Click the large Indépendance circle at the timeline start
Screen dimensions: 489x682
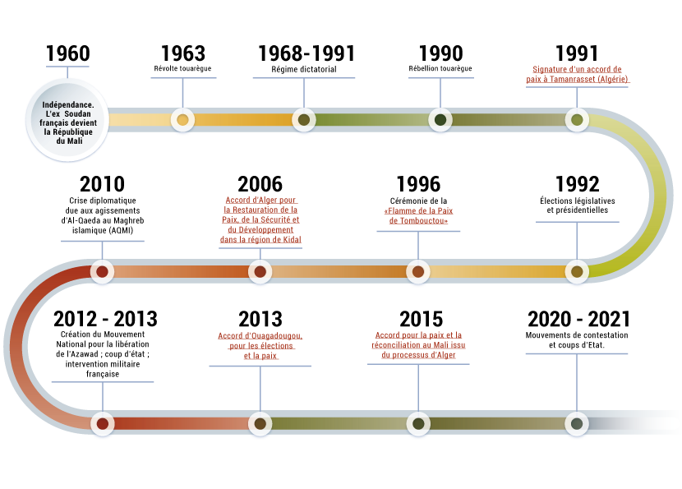point(67,120)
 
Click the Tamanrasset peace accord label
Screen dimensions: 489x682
point(577,75)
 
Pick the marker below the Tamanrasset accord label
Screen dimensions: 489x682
point(577,120)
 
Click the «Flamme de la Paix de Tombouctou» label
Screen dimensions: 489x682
point(418,216)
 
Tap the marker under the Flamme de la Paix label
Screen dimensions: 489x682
point(418,271)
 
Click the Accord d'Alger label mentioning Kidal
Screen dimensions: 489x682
point(260,219)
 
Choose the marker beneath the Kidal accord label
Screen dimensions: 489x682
point(260,271)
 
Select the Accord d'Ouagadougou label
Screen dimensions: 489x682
point(260,345)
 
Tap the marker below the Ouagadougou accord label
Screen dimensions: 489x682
point(260,423)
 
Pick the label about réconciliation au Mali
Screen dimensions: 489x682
point(418,345)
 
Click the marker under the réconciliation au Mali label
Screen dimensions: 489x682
point(418,423)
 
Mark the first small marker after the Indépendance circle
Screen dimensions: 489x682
point(182,120)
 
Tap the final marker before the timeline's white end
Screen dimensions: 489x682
point(577,423)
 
